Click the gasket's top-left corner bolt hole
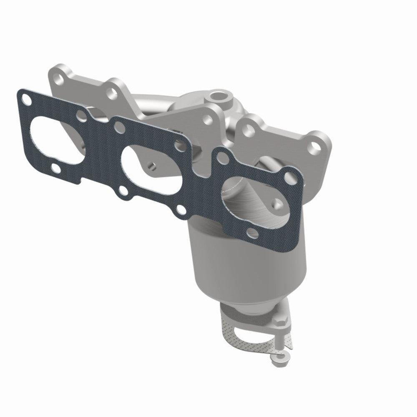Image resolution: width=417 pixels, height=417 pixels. click(x=27, y=100)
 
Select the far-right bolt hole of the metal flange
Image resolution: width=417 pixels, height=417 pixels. click(x=315, y=146)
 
